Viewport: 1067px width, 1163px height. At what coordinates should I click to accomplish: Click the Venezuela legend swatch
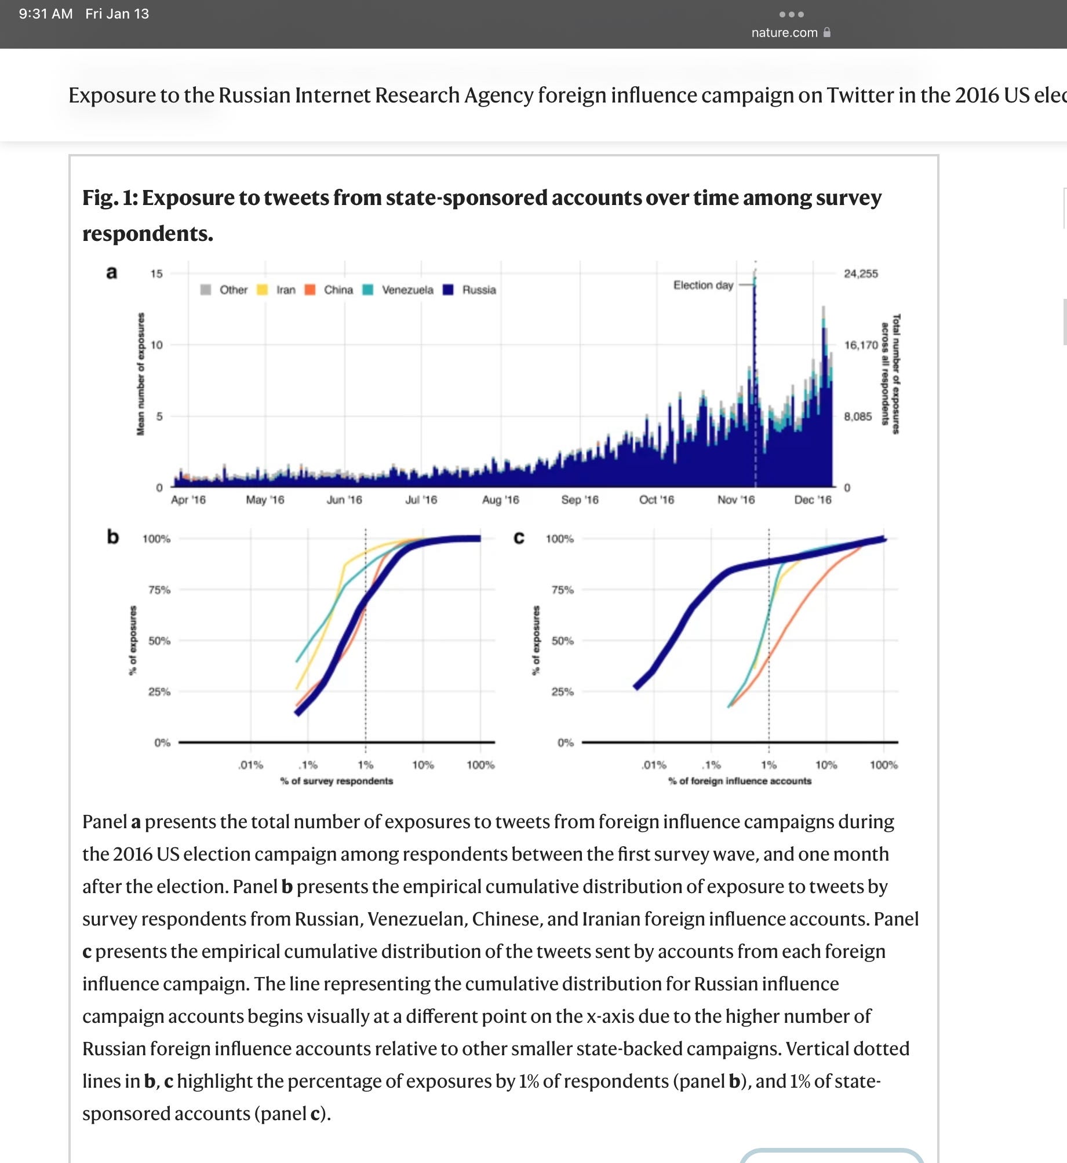[367, 290]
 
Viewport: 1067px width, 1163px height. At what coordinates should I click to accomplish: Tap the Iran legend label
[286, 290]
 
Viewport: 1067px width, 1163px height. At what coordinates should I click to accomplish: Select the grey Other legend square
[205, 290]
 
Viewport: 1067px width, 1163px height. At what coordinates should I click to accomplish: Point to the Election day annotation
[702, 285]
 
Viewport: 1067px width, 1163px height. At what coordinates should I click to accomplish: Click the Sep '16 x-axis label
[580, 499]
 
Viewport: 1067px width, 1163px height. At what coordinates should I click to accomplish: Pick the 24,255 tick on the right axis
[861, 273]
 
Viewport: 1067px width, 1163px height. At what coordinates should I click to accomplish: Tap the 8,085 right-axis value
[857, 416]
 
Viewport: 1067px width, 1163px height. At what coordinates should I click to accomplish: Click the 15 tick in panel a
[156, 273]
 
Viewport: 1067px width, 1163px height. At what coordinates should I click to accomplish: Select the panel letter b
[112, 537]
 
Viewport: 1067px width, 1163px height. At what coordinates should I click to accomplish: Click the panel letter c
[519, 538]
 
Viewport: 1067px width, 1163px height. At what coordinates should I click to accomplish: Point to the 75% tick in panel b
[159, 590]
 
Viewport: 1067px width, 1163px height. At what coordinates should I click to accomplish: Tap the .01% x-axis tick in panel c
[654, 765]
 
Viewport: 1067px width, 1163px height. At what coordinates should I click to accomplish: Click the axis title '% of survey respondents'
[336, 781]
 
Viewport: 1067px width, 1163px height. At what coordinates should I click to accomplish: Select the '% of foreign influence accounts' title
[740, 781]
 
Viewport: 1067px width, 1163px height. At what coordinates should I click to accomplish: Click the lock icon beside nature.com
[827, 32]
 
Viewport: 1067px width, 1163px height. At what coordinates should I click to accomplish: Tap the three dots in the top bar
[791, 14]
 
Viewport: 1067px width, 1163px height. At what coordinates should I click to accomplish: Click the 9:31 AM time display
[46, 13]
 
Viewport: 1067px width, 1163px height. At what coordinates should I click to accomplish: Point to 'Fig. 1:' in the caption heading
[110, 198]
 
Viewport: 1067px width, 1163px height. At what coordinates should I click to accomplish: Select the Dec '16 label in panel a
[812, 499]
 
